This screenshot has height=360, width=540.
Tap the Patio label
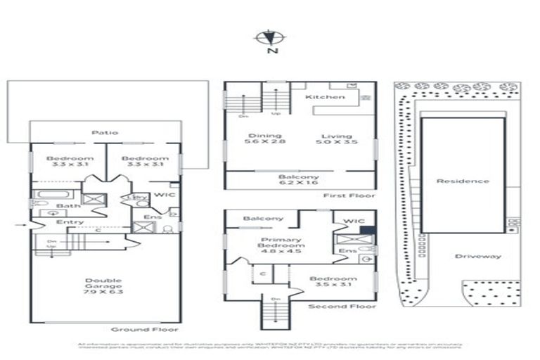point(104,132)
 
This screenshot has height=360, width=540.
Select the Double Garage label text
point(104,286)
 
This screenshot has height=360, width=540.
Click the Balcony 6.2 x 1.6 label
point(300,181)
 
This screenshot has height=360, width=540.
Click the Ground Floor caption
point(144,329)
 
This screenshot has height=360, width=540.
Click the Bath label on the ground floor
point(68,206)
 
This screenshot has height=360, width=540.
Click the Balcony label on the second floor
point(263,219)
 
